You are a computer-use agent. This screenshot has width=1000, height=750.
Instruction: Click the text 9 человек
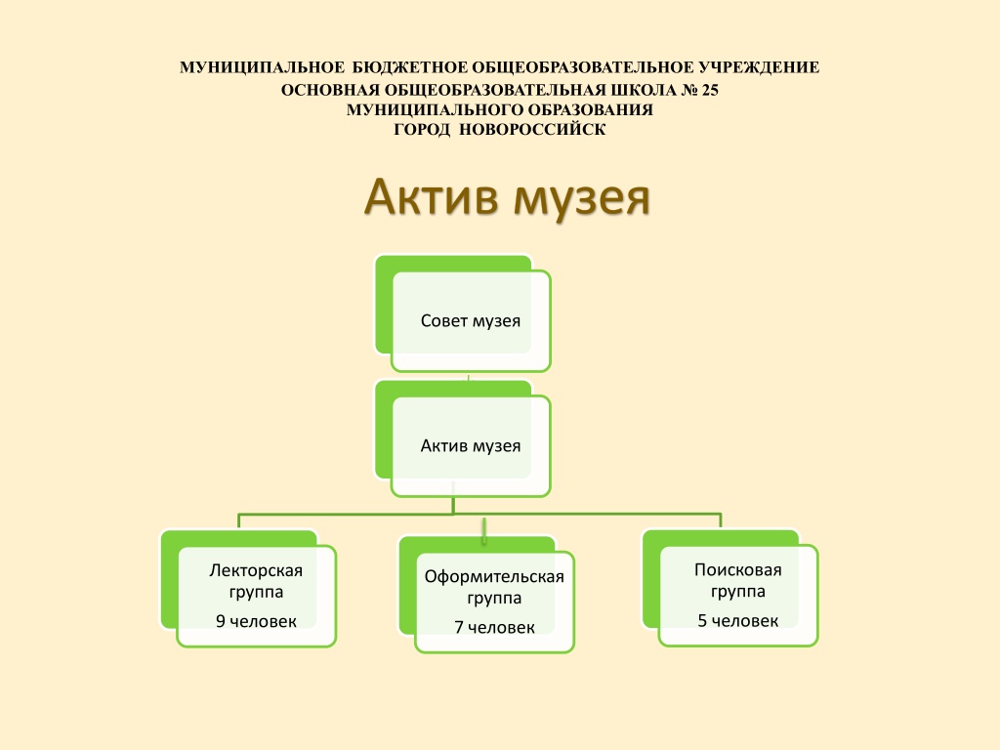pos(256,621)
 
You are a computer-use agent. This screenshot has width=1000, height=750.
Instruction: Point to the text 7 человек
pos(494,628)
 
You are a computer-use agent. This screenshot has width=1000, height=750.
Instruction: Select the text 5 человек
pos(738,620)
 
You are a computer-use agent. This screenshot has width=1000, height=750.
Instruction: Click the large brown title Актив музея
pos(507,196)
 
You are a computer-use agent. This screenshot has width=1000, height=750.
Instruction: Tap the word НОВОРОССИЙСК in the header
pos(532,130)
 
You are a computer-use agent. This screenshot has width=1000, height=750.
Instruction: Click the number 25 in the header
pos(710,90)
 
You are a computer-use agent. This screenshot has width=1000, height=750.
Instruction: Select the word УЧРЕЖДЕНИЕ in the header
pos(759,67)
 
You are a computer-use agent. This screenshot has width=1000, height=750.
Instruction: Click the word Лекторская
pos(256,570)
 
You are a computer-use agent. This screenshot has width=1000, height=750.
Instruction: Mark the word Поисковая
pos(738,569)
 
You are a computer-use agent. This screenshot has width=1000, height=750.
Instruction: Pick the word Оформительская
pos(494,576)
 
